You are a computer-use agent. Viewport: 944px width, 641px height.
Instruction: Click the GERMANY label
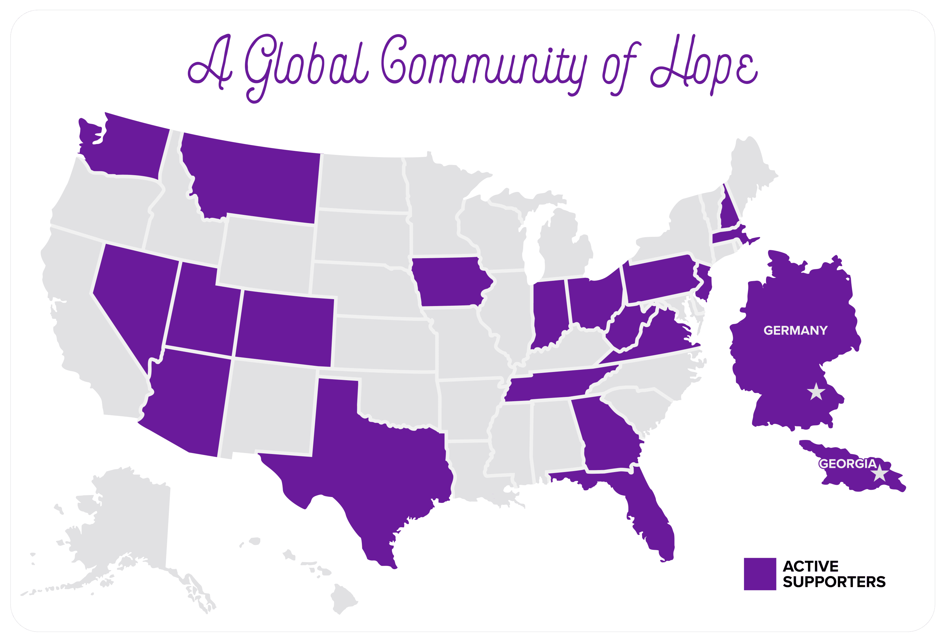point(795,330)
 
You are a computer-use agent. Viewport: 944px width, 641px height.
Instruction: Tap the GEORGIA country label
point(847,464)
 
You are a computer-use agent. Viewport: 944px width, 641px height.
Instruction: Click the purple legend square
point(759,573)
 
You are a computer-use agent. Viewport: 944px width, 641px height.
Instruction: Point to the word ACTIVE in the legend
point(810,566)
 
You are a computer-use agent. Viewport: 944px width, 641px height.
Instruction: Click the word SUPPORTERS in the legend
point(834,582)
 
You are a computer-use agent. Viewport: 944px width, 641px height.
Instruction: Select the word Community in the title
point(483,65)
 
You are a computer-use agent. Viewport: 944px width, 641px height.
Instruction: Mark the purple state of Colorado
point(284,327)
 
